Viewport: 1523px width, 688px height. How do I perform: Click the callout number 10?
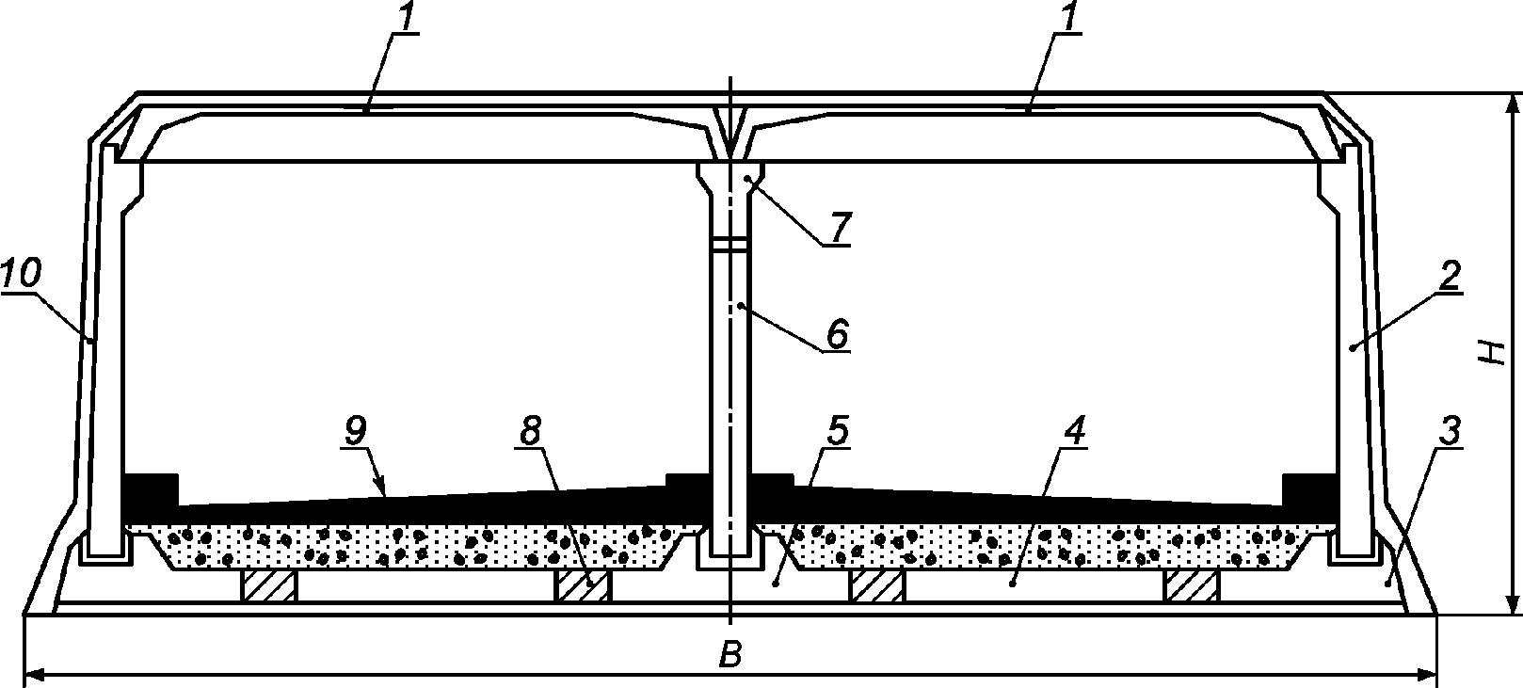coord(21,275)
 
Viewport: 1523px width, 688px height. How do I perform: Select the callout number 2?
coord(1449,276)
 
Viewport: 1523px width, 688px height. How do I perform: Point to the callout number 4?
coord(1074,431)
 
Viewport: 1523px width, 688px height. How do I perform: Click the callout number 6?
coord(837,332)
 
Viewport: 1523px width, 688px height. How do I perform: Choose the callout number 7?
coord(839,227)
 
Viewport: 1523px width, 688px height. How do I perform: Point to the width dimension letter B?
coord(729,657)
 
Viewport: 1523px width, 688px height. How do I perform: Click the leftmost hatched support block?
coord(270,585)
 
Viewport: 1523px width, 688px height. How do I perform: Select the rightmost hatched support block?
coord(1193,585)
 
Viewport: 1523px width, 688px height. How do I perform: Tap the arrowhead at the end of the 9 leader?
coord(382,489)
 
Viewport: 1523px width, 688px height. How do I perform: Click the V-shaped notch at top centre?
coord(729,132)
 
